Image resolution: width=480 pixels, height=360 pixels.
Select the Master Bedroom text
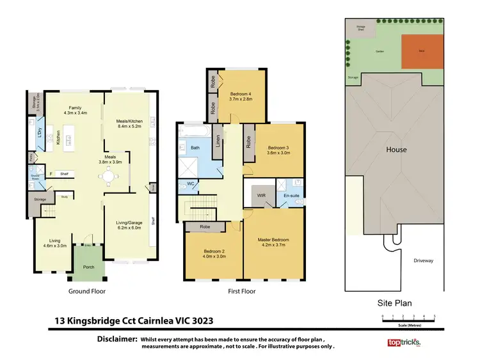pos(274,240)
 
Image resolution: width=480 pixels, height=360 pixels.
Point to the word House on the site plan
pos(396,150)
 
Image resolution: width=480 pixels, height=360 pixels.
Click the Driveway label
pos(423,260)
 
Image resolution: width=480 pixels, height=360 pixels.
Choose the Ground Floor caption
pos(87,291)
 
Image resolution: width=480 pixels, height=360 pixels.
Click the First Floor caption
pos(242,291)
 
